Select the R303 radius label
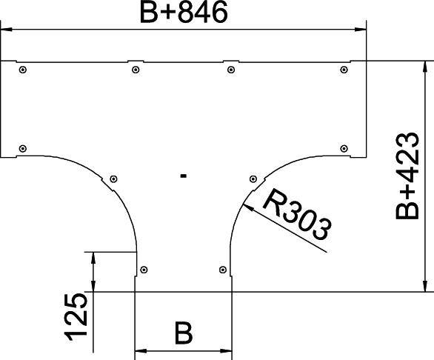(x=296, y=217)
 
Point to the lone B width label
(x=183, y=333)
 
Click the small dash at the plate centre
(x=183, y=176)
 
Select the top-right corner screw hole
(x=344, y=70)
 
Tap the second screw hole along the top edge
(x=135, y=70)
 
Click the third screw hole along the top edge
(x=231, y=70)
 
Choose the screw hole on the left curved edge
(x=113, y=179)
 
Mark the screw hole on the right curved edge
(x=253, y=179)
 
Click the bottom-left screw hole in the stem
(x=144, y=269)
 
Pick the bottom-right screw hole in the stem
(x=222, y=269)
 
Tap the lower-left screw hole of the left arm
(x=24, y=148)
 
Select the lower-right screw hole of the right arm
(x=344, y=148)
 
